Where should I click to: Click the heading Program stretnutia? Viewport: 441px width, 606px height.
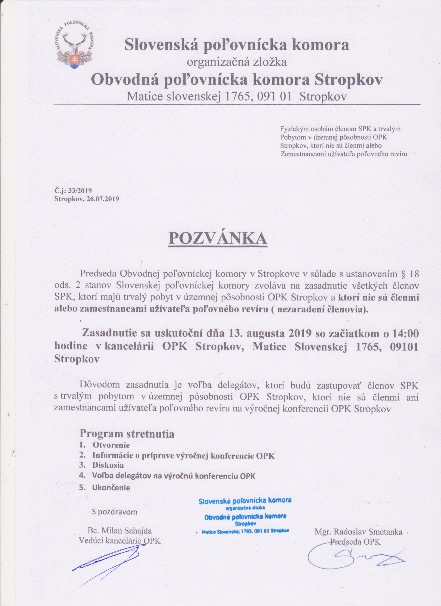coord(127,434)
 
